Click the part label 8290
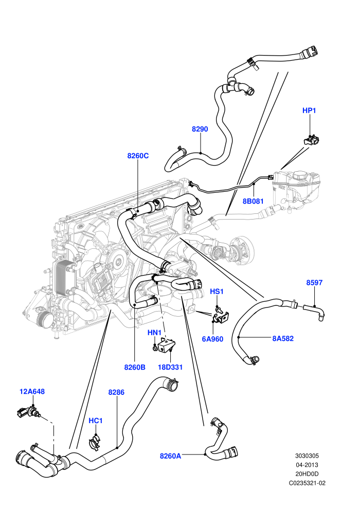(x=200, y=129)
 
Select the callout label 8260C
(x=138, y=156)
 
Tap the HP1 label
(x=309, y=111)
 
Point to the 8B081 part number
(x=253, y=201)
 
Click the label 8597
(x=314, y=282)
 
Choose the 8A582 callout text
(x=283, y=339)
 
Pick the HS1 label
(x=217, y=292)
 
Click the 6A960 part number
(x=212, y=339)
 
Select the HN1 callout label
(x=154, y=333)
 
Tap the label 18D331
(x=170, y=367)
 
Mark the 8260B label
(x=135, y=367)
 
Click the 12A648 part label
(x=32, y=391)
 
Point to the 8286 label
(x=116, y=392)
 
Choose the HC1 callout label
(x=96, y=421)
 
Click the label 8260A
(x=170, y=456)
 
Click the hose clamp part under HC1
(x=95, y=443)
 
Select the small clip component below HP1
(x=311, y=140)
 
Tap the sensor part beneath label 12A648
(x=28, y=412)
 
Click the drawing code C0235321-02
(x=307, y=483)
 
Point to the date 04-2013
(x=307, y=465)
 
